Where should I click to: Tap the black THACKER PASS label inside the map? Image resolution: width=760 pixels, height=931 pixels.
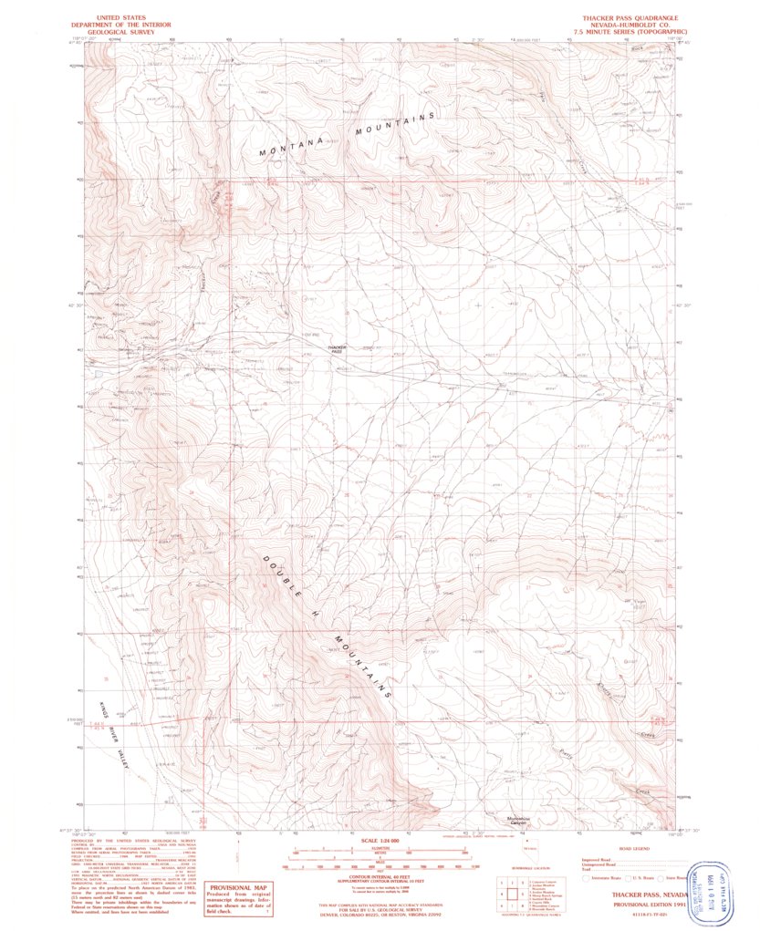(x=336, y=348)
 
